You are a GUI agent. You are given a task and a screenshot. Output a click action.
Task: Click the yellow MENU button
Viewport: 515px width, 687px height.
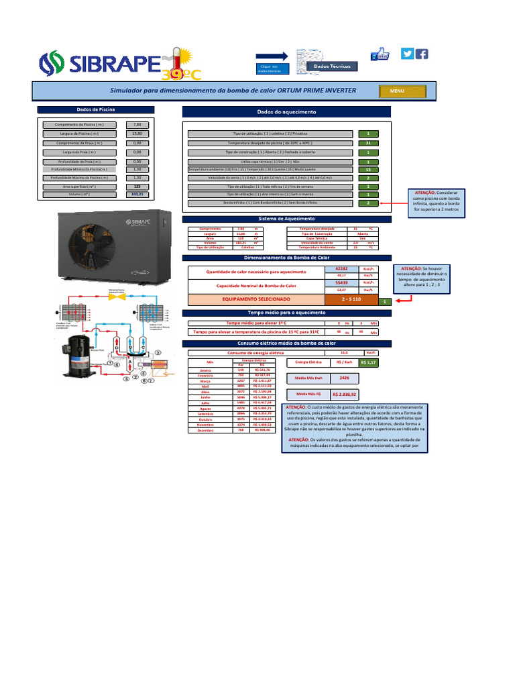[x=397, y=91]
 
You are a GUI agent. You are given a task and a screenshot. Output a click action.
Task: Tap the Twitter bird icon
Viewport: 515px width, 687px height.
[x=407, y=54]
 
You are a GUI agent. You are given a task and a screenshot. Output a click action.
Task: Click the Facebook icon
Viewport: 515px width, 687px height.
[x=422, y=54]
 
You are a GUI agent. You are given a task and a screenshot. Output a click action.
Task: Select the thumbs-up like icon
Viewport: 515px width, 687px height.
[x=380, y=54]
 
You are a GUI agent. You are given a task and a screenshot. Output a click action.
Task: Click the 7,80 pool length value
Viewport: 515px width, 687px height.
[x=137, y=124]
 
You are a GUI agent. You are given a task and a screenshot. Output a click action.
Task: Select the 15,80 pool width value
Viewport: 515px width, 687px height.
[x=137, y=134]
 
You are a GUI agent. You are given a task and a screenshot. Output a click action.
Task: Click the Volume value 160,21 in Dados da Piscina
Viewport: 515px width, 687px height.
[x=137, y=195]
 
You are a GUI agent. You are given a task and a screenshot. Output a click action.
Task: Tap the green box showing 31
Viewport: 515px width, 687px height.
[x=368, y=144]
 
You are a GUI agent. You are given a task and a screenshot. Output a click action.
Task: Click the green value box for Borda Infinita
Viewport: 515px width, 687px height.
[x=368, y=202]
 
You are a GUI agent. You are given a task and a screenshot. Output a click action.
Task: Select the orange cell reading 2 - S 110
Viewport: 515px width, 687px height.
[x=351, y=299]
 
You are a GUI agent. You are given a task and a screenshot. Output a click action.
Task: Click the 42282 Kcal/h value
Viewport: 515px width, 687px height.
[x=341, y=268]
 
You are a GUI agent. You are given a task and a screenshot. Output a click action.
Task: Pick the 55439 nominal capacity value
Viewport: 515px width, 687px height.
[x=341, y=282]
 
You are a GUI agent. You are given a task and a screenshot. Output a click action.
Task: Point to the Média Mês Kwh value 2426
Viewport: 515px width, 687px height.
[x=345, y=378]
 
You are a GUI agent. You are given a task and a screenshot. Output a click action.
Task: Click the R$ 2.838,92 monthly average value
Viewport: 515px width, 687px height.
[x=345, y=394]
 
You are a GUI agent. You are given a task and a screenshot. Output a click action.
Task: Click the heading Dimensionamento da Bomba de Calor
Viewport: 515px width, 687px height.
[x=286, y=258]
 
